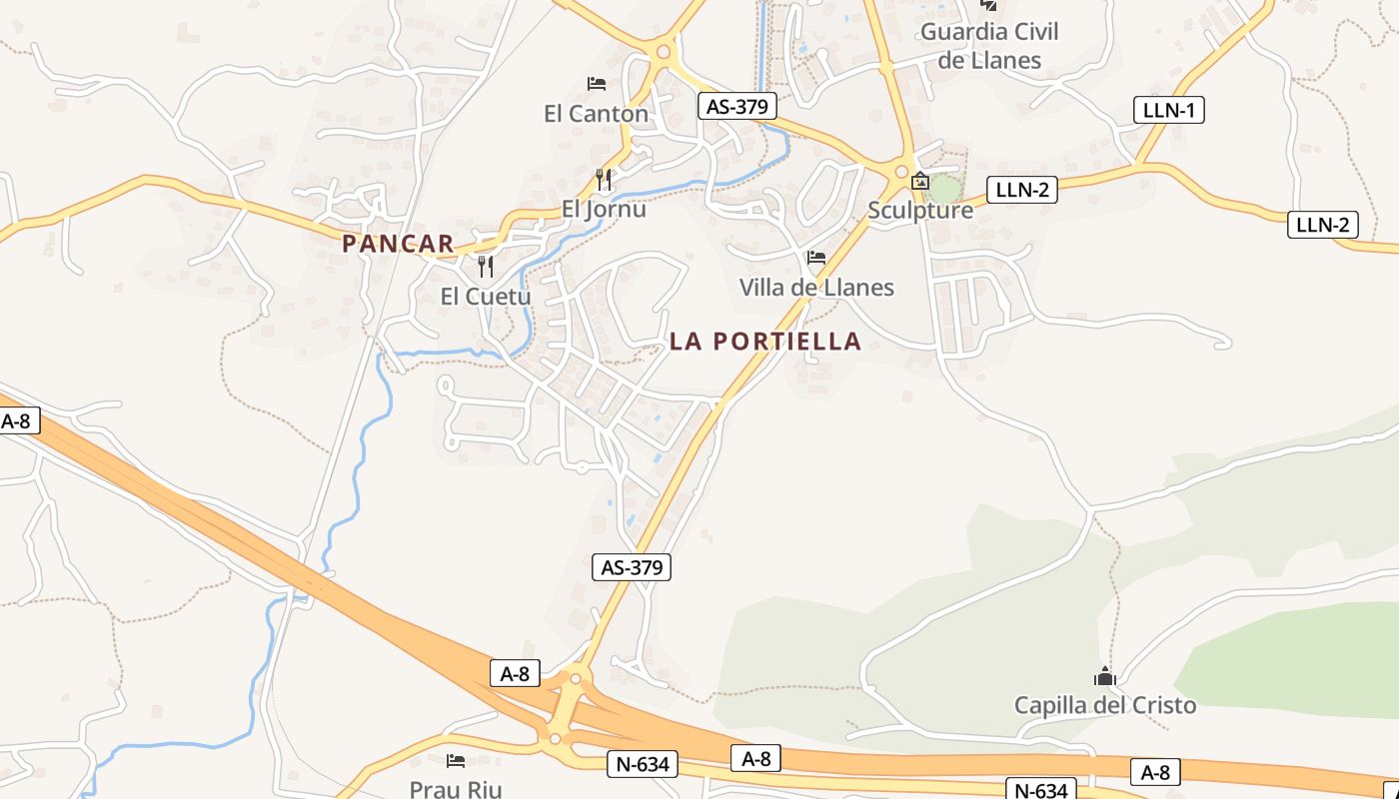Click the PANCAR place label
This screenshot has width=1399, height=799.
(398, 243)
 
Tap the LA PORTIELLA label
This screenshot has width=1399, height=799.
(764, 341)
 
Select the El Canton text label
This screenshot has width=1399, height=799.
(597, 114)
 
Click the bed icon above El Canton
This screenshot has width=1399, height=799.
(597, 84)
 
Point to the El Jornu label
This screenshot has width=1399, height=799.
(604, 210)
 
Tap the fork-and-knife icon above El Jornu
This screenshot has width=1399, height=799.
(604, 180)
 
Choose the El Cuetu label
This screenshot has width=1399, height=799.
(486, 297)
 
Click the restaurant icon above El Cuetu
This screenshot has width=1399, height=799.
(486, 267)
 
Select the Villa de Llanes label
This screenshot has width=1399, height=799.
(816, 288)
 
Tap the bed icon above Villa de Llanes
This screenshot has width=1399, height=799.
(816, 258)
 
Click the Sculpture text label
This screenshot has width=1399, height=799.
(920, 211)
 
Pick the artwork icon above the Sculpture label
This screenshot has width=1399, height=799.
(920, 182)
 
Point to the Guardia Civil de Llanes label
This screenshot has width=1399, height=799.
(989, 46)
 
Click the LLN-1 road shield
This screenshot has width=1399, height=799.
(1169, 110)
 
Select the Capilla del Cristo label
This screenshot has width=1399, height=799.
(1105, 705)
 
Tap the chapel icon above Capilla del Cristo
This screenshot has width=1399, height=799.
(1104, 676)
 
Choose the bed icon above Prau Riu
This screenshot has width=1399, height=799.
(456, 761)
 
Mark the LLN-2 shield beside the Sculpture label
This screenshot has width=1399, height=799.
(1021, 190)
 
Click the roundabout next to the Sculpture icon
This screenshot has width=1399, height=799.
(902, 172)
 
